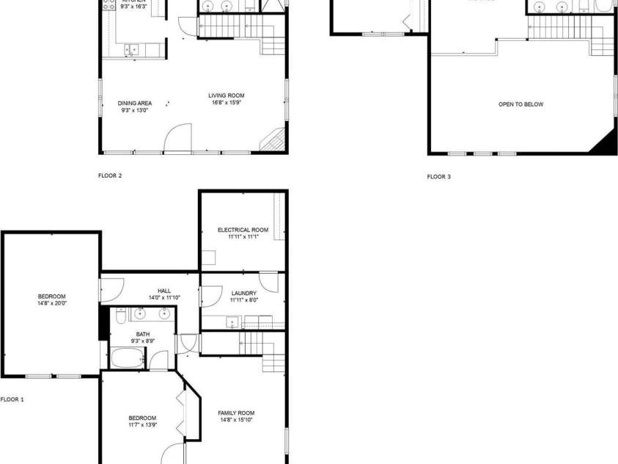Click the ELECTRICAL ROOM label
[x=243, y=230]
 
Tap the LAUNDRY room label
[x=243, y=293]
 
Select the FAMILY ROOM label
[x=236, y=413]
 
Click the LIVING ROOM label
[x=226, y=95]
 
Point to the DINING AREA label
[x=135, y=103]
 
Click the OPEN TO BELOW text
[x=520, y=104]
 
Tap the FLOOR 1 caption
[x=12, y=399]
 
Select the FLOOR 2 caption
[x=110, y=175]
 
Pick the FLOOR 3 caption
[x=439, y=176]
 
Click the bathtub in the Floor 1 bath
[x=128, y=359]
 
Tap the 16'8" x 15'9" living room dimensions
[x=226, y=103]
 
